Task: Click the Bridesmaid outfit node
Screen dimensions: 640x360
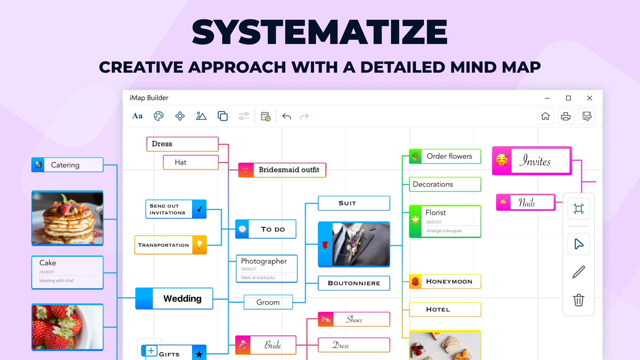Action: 282,170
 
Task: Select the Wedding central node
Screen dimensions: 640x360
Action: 174,298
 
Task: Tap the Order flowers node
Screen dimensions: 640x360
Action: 445,156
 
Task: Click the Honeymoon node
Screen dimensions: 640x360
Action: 445,281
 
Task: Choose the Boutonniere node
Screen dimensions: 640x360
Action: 354,283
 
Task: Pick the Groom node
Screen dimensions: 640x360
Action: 268,302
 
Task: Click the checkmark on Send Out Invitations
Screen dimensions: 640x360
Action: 199,209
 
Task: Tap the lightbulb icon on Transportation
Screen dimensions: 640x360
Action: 199,244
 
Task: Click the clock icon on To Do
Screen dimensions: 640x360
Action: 242,229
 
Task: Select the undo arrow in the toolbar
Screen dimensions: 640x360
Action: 287,116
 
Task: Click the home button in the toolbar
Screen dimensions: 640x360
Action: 545,116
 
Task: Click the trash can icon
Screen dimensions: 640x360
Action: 579,300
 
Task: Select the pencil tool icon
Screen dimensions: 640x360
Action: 579,272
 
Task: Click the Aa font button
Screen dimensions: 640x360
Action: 137,116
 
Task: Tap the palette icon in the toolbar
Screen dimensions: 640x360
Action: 159,116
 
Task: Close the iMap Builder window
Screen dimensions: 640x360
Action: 590,98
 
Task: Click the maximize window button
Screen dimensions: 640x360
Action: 568,98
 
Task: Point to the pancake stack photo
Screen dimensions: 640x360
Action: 67,218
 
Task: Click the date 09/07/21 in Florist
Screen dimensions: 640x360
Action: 434,222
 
